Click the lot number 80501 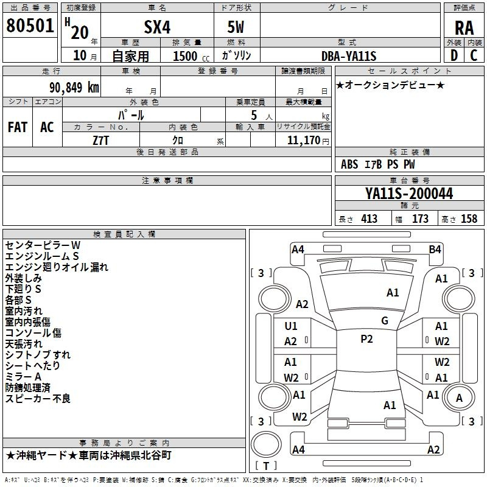tap(30, 26)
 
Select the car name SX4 tap(156, 26)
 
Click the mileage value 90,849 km tap(71, 87)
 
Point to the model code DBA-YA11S tap(349, 56)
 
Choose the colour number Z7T tap(101, 139)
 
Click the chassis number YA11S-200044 tap(409, 194)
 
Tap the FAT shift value tap(18, 127)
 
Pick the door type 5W tap(236, 26)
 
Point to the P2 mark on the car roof tap(366, 339)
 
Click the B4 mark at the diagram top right tap(435, 249)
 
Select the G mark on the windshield tap(384, 321)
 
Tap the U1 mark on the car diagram tap(291, 326)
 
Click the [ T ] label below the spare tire tap(266, 466)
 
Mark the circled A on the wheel tap(460, 398)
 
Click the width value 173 tap(420, 219)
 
